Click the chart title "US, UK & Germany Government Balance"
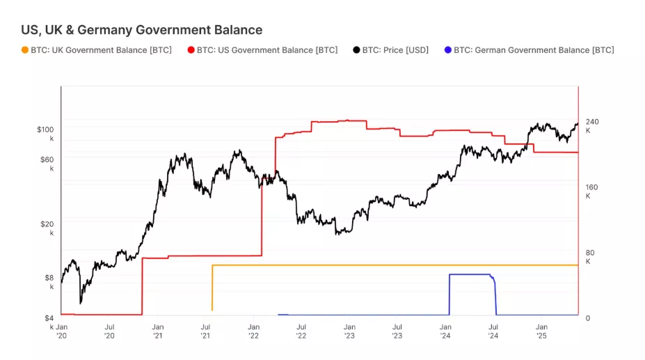142,30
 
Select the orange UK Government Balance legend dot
26,50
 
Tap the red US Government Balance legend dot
191,50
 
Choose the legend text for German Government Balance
534,50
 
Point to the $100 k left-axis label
45,134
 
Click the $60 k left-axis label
45,164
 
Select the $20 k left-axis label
45,228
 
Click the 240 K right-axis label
591,126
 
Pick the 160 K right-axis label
591,191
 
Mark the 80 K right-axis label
591,257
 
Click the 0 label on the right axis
587,318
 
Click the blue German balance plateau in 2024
470,274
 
